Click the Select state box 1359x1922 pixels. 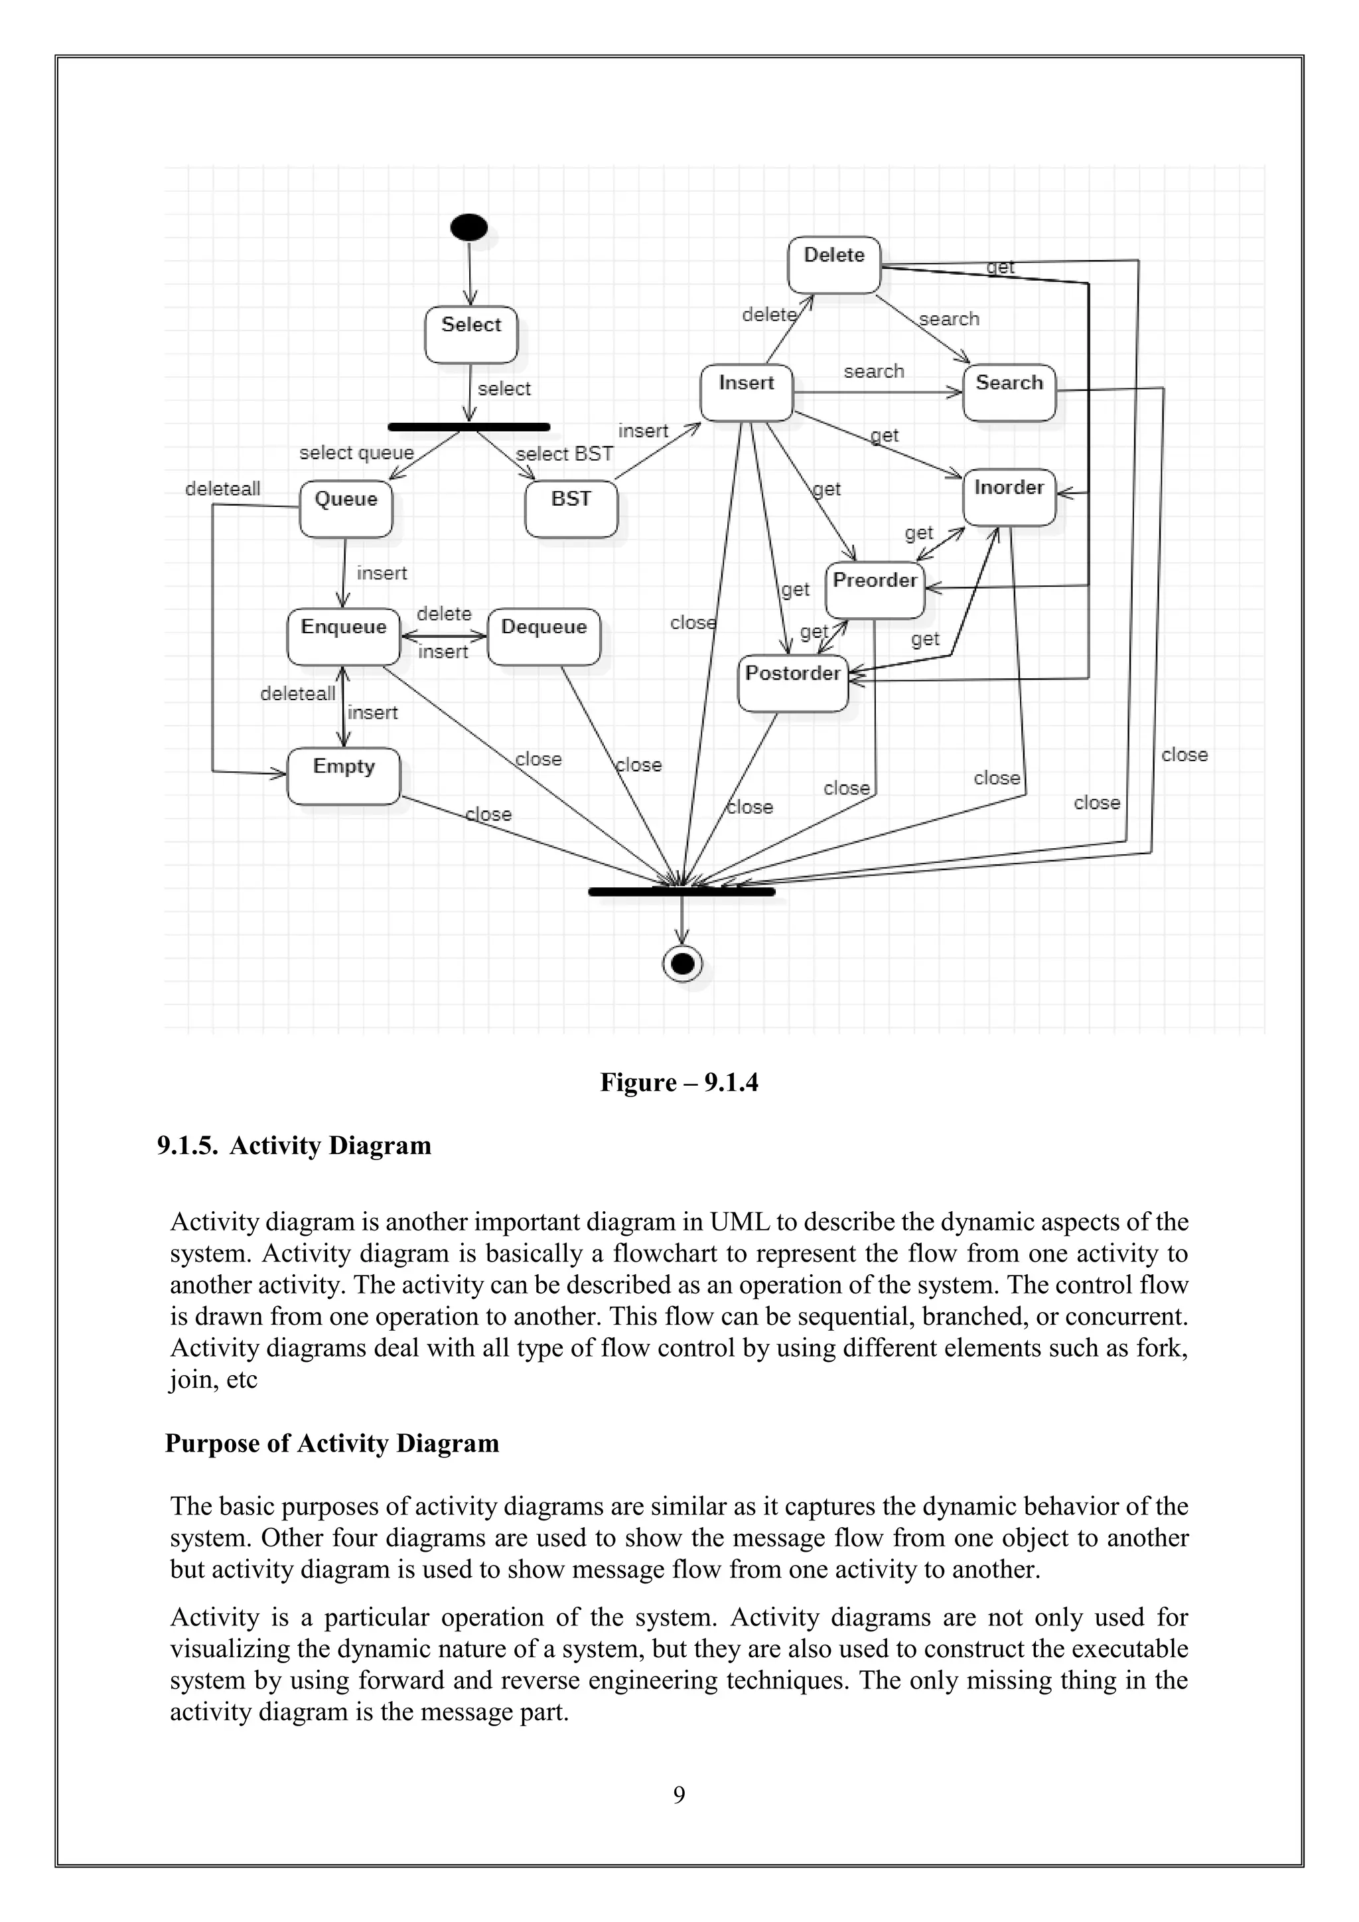click(470, 334)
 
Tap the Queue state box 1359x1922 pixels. click(346, 508)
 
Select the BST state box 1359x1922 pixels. click(571, 508)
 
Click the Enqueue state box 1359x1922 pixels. click(343, 636)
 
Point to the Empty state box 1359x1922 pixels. click(343, 776)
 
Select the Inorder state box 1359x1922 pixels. click(1009, 497)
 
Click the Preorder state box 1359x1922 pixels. click(875, 590)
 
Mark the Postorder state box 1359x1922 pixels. click(792, 683)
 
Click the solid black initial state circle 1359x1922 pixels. click(468, 227)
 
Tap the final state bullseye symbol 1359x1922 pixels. click(683, 964)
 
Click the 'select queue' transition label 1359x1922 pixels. click(356, 453)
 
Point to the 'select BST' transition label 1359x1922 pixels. click(564, 454)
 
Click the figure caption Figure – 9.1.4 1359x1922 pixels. click(679, 1082)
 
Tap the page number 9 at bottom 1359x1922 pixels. click(679, 1794)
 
